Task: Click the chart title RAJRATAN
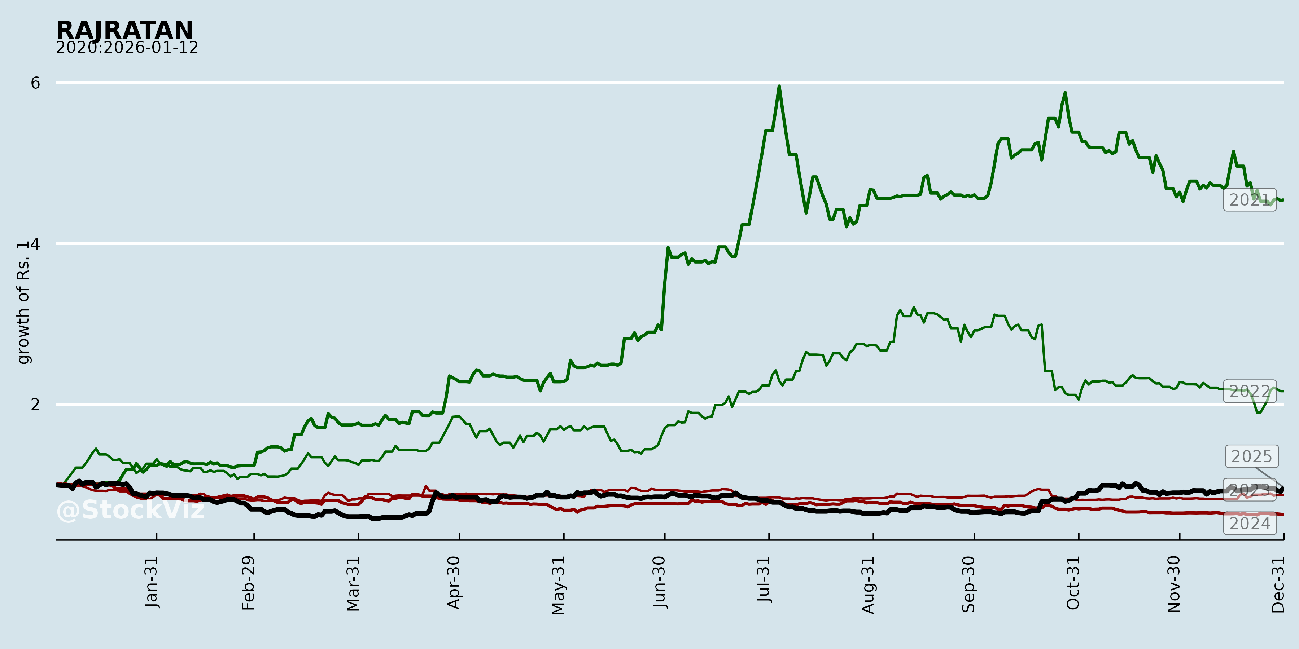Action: pos(124,30)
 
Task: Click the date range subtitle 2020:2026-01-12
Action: pos(127,48)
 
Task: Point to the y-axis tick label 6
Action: pos(35,83)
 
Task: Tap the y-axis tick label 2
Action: pos(35,405)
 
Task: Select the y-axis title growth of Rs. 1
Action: pos(23,303)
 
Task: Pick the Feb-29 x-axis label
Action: pos(249,583)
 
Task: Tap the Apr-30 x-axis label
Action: pos(454,583)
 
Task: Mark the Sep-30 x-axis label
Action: pos(969,584)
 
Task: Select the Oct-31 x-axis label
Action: pos(1073,583)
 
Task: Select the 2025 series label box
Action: pos(1252,456)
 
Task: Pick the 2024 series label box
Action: pos(1250,524)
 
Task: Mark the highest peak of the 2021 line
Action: pos(779,86)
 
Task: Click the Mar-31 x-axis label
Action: pos(353,584)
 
